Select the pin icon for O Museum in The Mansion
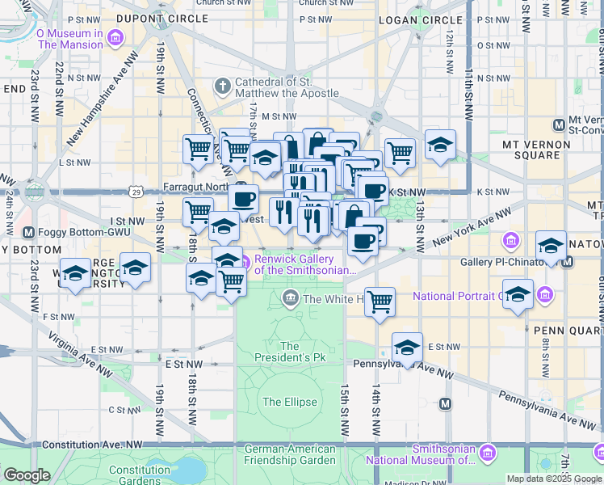tap(116, 38)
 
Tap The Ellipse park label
tap(283, 402)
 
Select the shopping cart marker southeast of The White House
tap(380, 302)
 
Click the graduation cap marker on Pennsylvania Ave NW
tap(408, 348)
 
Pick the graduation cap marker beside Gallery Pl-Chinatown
tap(551, 245)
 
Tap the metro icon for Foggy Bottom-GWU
tap(28, 233)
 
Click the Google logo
tap(27, 475)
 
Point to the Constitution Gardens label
tap(140, 474)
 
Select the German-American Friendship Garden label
tap(290, 454)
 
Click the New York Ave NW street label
tap(472, 228)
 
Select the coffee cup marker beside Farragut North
tap(242, 198)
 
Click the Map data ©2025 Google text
tap(553, 479)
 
